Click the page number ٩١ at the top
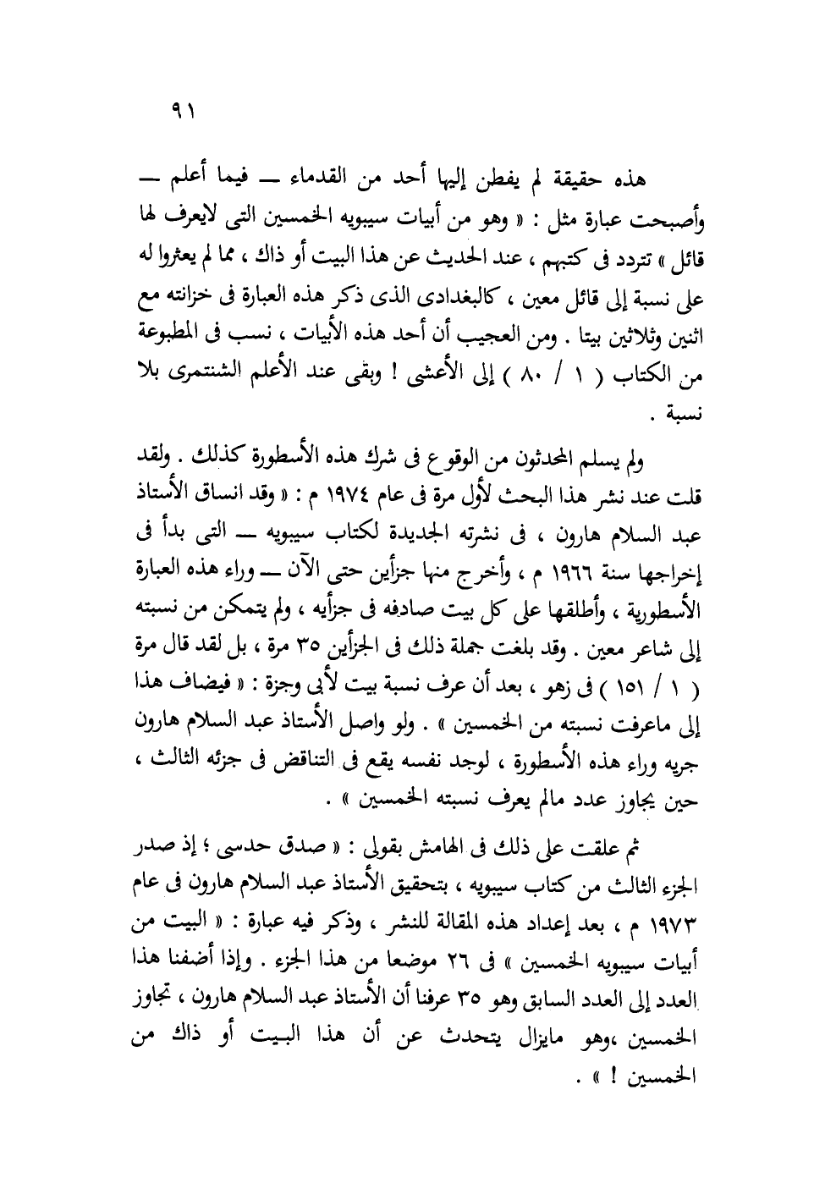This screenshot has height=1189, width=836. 183,110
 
